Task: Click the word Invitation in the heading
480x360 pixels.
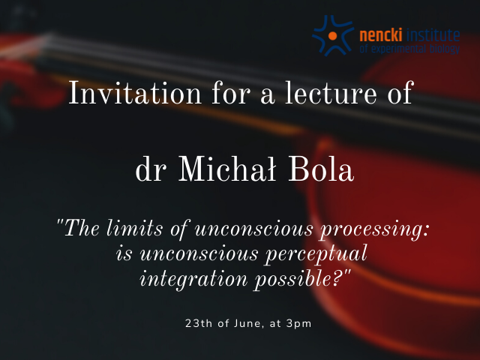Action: point(135,92)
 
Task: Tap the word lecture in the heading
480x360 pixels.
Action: point(331,92)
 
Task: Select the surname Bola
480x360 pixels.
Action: point(321,169)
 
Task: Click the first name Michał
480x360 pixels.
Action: point(227,169)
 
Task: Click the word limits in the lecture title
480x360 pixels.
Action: point(135,228)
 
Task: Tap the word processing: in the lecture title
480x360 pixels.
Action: point(375,229)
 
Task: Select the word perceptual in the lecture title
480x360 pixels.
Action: point(316,255)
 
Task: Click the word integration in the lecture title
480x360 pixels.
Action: point(193,280)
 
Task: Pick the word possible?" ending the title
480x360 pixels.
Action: point(302,279)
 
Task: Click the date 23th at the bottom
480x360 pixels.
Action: point(199,323)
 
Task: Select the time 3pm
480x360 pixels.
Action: point(298,324)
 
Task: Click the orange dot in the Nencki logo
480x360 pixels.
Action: point(333,36)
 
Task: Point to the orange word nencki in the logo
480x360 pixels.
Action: point(380,35)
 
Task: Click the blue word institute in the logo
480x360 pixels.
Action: point(433,35)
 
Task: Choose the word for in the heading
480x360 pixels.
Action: point(231,92)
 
